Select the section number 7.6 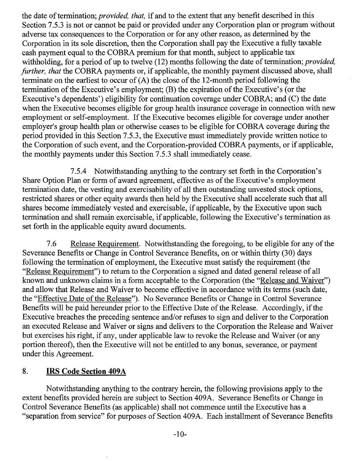point(52,244)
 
